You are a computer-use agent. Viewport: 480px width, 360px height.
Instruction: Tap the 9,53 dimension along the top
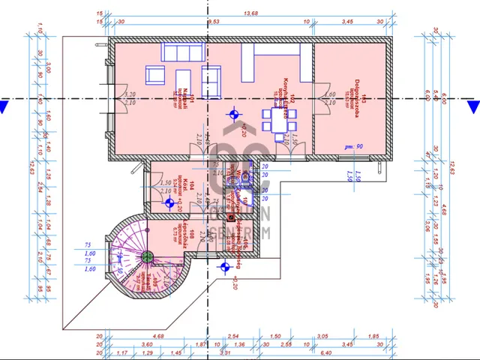[213, 22]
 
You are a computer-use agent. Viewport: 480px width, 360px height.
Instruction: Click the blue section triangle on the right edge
[472, 106]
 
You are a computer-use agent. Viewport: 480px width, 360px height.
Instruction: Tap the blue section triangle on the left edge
[4, 106]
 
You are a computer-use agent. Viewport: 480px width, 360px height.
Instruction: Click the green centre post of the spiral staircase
[148, 257]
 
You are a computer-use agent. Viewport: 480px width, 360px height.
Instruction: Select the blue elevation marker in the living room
[234, 115]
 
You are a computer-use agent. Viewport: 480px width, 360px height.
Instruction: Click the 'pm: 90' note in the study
[354, 146]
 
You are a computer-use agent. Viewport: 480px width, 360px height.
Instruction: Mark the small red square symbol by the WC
[232, 217]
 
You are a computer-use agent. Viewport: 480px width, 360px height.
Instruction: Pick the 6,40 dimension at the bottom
[326, 352]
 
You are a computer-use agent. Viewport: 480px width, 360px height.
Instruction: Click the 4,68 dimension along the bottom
[158, 337]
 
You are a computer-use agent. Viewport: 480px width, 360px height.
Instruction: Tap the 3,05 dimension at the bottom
[322, 337]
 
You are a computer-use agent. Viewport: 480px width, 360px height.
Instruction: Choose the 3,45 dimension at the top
[346, 22]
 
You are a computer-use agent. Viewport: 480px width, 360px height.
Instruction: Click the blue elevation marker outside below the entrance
[224, 266]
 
